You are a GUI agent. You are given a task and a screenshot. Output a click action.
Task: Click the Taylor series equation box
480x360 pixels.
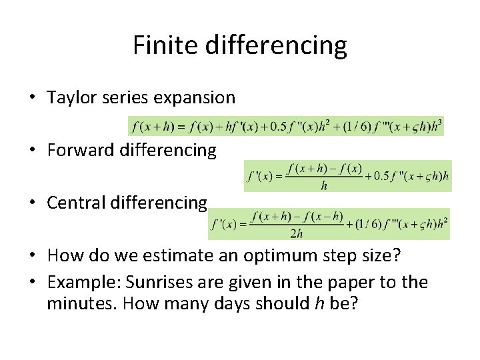click(x=286, y=126)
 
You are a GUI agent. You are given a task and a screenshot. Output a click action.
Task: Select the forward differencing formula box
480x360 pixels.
click(x=348, y=176)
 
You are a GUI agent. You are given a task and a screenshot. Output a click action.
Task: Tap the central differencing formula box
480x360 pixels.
click(x=329, y=224)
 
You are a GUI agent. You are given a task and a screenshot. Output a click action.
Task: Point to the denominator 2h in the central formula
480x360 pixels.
click(x=297, y=233)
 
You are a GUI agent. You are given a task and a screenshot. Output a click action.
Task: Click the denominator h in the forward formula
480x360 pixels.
click(x=324, y=186)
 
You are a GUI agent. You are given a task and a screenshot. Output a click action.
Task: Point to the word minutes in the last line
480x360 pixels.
click(x=74, y=304)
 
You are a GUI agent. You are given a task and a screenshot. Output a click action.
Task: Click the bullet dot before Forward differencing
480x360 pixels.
click(x=33, y=151)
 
